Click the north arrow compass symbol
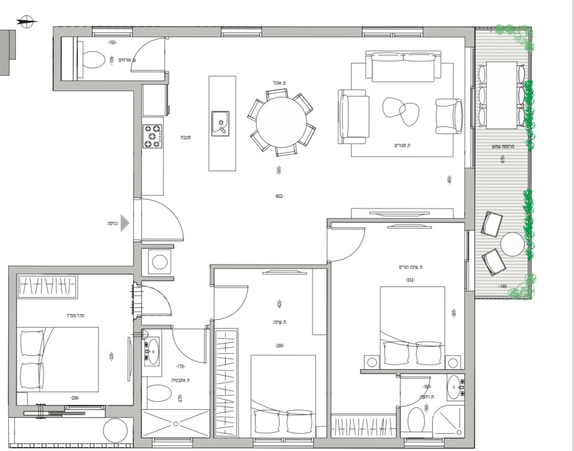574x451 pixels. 26,22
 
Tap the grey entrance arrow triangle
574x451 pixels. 124,223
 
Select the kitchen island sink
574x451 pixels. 220,123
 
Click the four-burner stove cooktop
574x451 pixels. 153,136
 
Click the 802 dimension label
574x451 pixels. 279,196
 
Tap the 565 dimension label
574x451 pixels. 278,170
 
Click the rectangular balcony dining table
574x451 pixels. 501,94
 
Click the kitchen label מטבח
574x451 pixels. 186,138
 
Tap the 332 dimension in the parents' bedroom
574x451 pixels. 410,280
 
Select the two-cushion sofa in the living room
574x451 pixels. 403,64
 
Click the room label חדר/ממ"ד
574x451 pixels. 82,315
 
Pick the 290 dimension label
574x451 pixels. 75,398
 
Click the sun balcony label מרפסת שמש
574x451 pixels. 501,147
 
